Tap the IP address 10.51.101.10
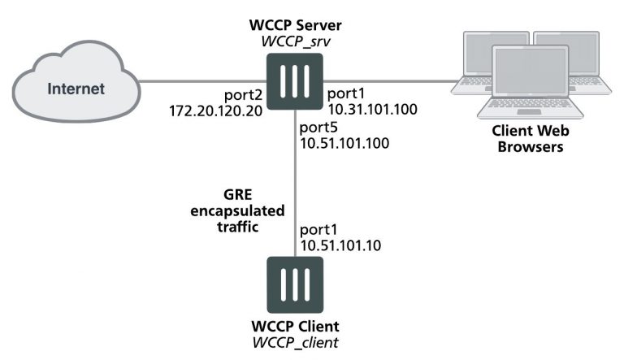pyautogui.click(x=340, y=245)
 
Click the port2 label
pyautogui.click(x=245, y=94)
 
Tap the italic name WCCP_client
pyautogui.click(x=293, y=342)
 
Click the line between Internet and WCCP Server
pyautogui.click(x=203, y=80)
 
